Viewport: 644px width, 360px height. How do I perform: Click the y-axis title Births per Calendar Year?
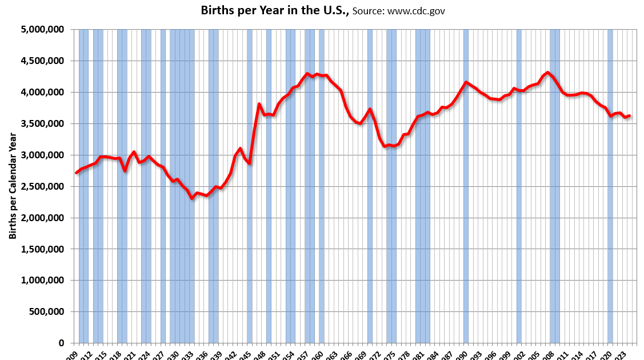[x=12, y=186]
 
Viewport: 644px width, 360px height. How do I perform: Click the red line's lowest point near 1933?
[x=192, y=198]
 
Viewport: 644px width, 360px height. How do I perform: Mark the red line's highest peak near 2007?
[x=547, y=73]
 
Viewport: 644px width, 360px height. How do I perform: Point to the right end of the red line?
[x=629, y=115]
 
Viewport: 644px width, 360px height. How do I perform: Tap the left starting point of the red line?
[x=77, y=173]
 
